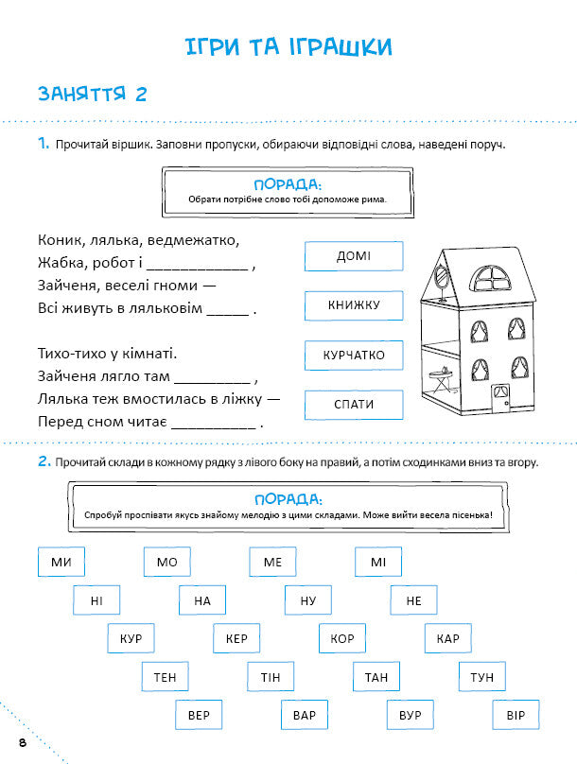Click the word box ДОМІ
tap(354, 256)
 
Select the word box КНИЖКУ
tap(354, 305)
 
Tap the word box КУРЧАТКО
tap(354, 356)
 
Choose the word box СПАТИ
tap(354, 405)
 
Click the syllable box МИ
tap(61, 563)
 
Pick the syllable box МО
tap(167, 563)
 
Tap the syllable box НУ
tap(308, 600)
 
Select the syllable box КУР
tap(131, 639)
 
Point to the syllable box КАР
tap(448, 639)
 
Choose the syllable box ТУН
tap(482, 677)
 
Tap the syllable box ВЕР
tap(200, 715)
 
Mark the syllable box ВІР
tap(516, 715)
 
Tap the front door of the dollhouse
tap(497, 396)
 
